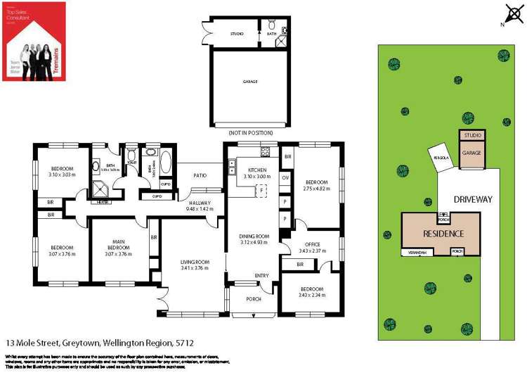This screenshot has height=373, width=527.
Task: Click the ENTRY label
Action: click(x=261, y=275)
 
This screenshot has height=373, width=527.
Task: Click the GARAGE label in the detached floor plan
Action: click(x=250, y=82)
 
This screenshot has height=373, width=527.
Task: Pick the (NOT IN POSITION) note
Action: click(x=250, y=133)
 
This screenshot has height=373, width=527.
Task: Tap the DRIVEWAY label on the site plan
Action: click(x=473, y=199)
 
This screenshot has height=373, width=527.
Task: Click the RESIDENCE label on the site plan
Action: click(x=443, y=234)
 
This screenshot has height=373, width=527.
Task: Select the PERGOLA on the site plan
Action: click(x=441, y=158)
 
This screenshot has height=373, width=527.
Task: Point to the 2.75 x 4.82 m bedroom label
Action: click(x=316, y=186)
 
